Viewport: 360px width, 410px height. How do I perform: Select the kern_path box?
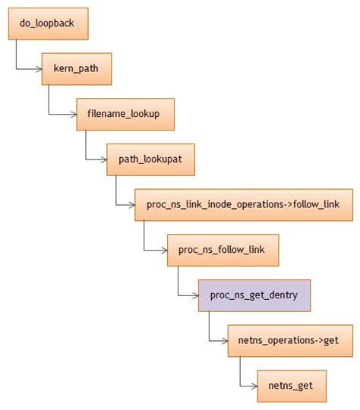tap(77, 68)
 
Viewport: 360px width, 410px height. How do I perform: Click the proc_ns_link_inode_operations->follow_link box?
tap(243, 204)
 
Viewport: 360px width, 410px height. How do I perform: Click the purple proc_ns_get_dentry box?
tap(254, 295)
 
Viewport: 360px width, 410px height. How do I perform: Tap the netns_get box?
tap(292, 386)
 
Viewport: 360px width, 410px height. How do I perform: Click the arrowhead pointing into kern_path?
tap(39, 69)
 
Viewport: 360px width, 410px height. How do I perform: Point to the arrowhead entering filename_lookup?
tap(73, 114)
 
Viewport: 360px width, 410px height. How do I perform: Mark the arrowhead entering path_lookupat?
tap(103, 159)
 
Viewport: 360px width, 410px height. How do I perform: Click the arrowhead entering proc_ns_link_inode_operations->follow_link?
tap(131, 205)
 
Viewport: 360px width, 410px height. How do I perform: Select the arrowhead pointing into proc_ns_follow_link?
tap(164, 251)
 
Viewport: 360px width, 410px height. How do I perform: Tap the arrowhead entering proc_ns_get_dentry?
tap(195, 296)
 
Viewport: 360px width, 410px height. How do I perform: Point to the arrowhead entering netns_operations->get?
tap(225, 341)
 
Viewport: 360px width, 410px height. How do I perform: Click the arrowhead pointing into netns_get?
tap(254, 386)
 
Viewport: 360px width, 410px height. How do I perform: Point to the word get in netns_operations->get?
tap(330, 340)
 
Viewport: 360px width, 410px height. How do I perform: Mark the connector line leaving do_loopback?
tap(17, 55)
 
